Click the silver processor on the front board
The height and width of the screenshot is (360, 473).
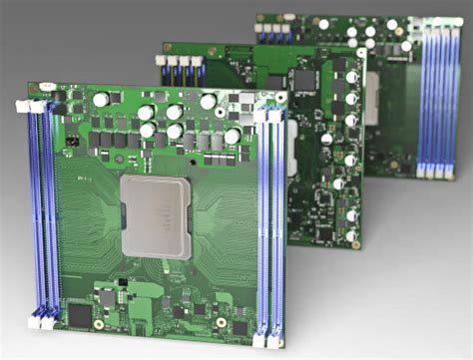(156, 215)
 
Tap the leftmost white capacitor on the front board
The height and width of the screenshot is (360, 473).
(101, 100)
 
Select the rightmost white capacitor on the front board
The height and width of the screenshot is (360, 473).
(233, 136)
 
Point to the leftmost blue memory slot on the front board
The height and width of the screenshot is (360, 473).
(33, 209)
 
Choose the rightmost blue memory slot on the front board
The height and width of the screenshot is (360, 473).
(276, 224)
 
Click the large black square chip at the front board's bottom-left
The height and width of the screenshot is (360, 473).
(79, 316)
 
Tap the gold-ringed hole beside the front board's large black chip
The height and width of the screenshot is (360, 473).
(99, 324)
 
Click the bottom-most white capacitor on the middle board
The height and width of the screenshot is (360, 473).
(351, 236)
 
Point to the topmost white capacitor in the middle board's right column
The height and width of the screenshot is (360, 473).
(351, 77)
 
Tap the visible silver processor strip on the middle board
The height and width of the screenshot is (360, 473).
(292, 160)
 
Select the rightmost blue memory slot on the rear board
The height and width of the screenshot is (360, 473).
(454, 100)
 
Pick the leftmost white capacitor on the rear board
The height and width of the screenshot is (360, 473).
(323, 24)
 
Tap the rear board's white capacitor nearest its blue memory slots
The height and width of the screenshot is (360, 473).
(406, 45)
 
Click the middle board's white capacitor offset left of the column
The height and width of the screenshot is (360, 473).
(327, 139)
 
